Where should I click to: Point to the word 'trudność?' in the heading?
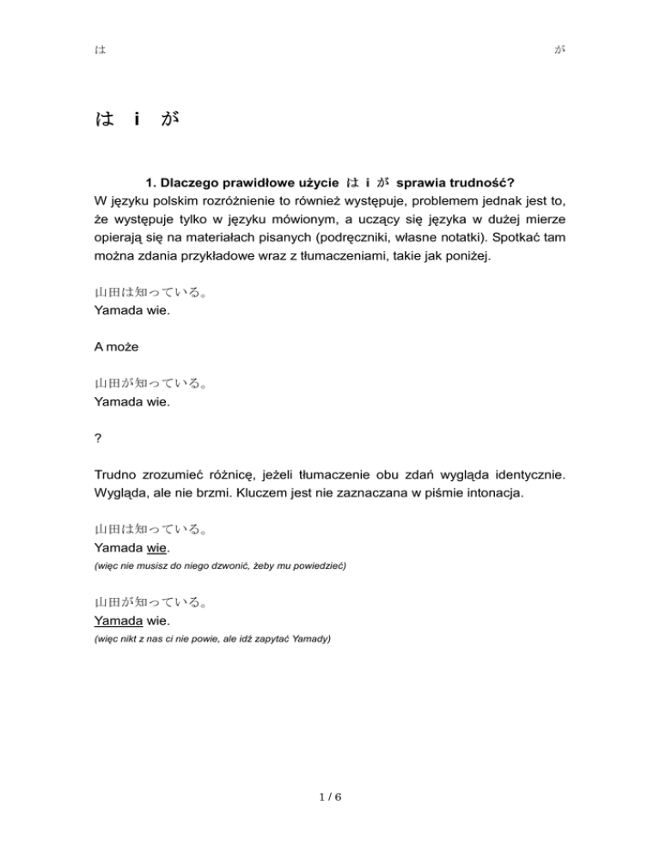click(476, 183)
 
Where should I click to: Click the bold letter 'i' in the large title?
click(137, 121)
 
